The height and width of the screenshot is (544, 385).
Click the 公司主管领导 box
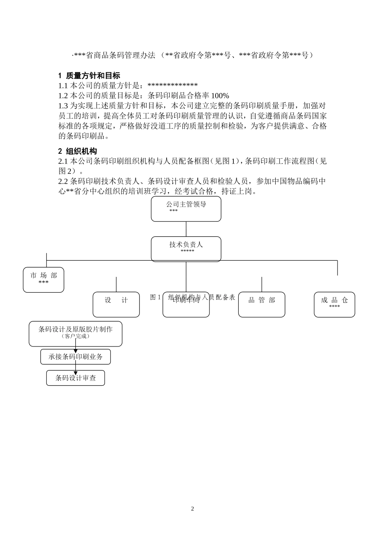[x=186, y=209]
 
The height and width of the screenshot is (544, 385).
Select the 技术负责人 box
[x=186, y=249]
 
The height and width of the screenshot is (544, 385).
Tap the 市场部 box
[x=43, y=279]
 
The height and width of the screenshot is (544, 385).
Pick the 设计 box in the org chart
[x=116, y=304]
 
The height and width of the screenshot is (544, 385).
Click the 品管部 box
[x=261, y=304]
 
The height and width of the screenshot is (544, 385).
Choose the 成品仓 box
[x=334, y=304]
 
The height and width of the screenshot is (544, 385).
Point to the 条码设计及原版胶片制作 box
[x=75, y=334]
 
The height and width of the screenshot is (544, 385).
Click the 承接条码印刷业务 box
[x=75, y=357]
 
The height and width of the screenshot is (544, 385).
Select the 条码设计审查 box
[x=75, y=378]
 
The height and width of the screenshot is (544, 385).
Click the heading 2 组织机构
[x=77, y=151]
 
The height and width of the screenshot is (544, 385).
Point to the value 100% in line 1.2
[x=220, y=96]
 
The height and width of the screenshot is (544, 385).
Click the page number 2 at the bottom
[x=192, y=509]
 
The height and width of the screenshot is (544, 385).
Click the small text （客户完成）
[x=75, y=336]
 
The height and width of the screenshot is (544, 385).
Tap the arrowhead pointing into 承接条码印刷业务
[x=75, y=351]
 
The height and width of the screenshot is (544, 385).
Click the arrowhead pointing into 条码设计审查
[x=75, y=372]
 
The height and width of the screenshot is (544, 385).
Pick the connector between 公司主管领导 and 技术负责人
[x=186, y=229]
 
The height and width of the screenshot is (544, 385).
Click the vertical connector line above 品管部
[x=261, y=284]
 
